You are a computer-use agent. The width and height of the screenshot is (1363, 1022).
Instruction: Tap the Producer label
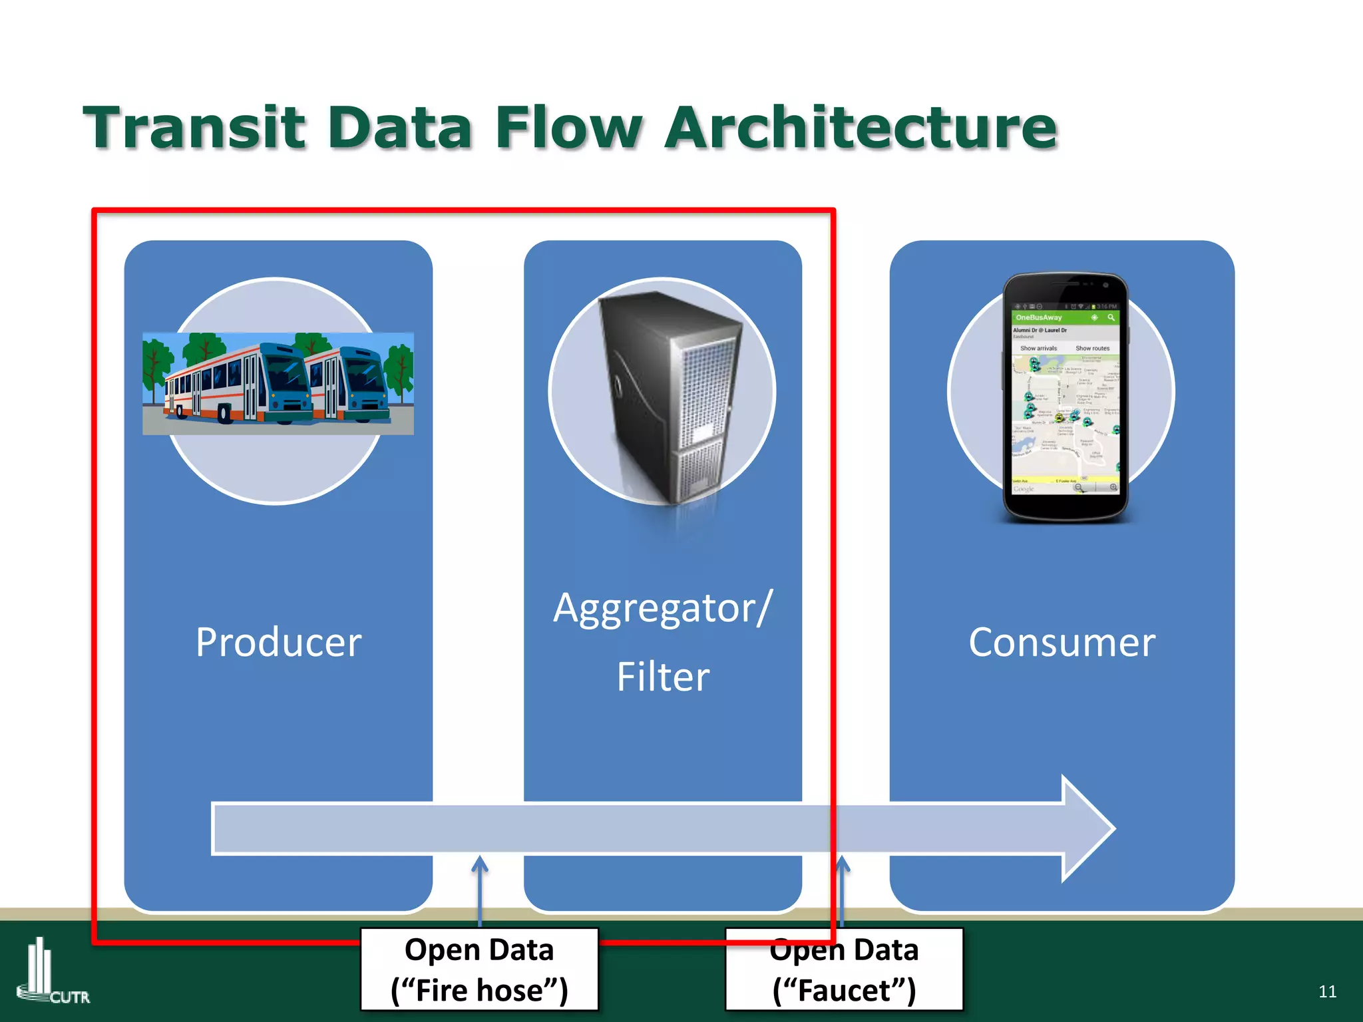click(x=278, y=643)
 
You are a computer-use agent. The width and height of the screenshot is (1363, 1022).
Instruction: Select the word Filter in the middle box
click(x=663, y=677)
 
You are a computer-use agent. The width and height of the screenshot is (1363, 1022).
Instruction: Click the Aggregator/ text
click(x=663, y=608)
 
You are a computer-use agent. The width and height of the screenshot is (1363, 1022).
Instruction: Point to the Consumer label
click(x=1062, y=643)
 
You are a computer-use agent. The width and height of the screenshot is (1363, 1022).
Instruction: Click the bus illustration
click(x=278, y=384)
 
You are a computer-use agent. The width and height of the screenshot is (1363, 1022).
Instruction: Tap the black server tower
click(x=669, y=396)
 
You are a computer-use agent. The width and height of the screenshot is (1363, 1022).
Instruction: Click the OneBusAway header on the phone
click(x=1039, y=317)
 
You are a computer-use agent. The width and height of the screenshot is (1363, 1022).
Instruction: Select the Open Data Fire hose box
click(x=479, y=969)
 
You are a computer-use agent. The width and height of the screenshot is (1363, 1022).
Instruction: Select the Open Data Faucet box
click(x=844, y=969)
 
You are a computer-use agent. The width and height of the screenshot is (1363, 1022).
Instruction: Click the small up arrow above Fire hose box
click(x=480, y=865)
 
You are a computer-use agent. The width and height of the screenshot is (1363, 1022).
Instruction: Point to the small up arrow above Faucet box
click(x=843, y=865)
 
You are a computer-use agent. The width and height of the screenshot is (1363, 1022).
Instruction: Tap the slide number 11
click(x=1327, y=991)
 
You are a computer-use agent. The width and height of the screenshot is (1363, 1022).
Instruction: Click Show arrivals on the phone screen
click(x=1038, y=348)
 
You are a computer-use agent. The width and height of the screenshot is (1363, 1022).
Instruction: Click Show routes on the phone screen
click(x=1092, y=348)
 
